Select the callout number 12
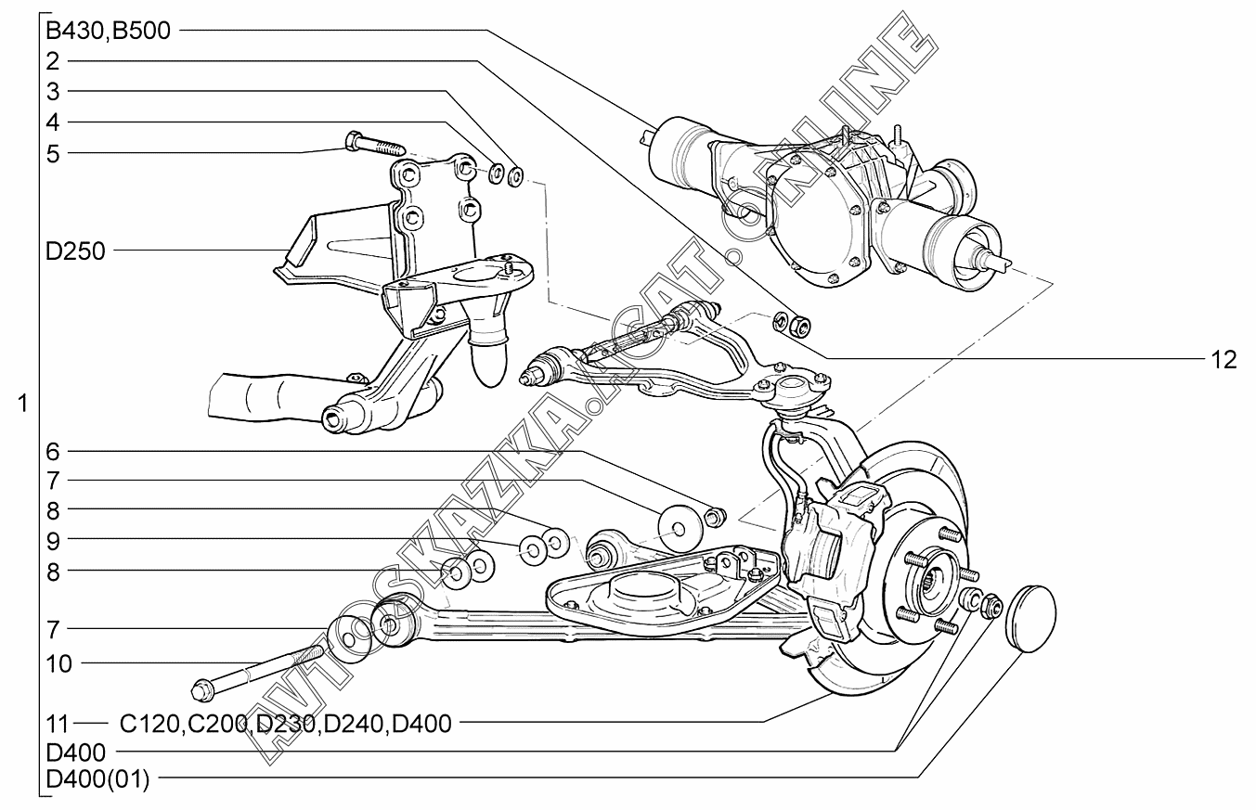coord(1223,360)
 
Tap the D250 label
coord(75,251)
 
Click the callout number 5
coord(53,153)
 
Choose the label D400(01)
coord(97,778)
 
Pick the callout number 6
coord(53,452)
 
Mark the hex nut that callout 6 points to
coord(714,516)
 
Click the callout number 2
coord(53,62)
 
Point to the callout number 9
coord(53,539)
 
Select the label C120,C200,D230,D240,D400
coord(286,723)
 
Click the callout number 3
coord(53,92)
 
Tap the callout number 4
coord(53,122)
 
